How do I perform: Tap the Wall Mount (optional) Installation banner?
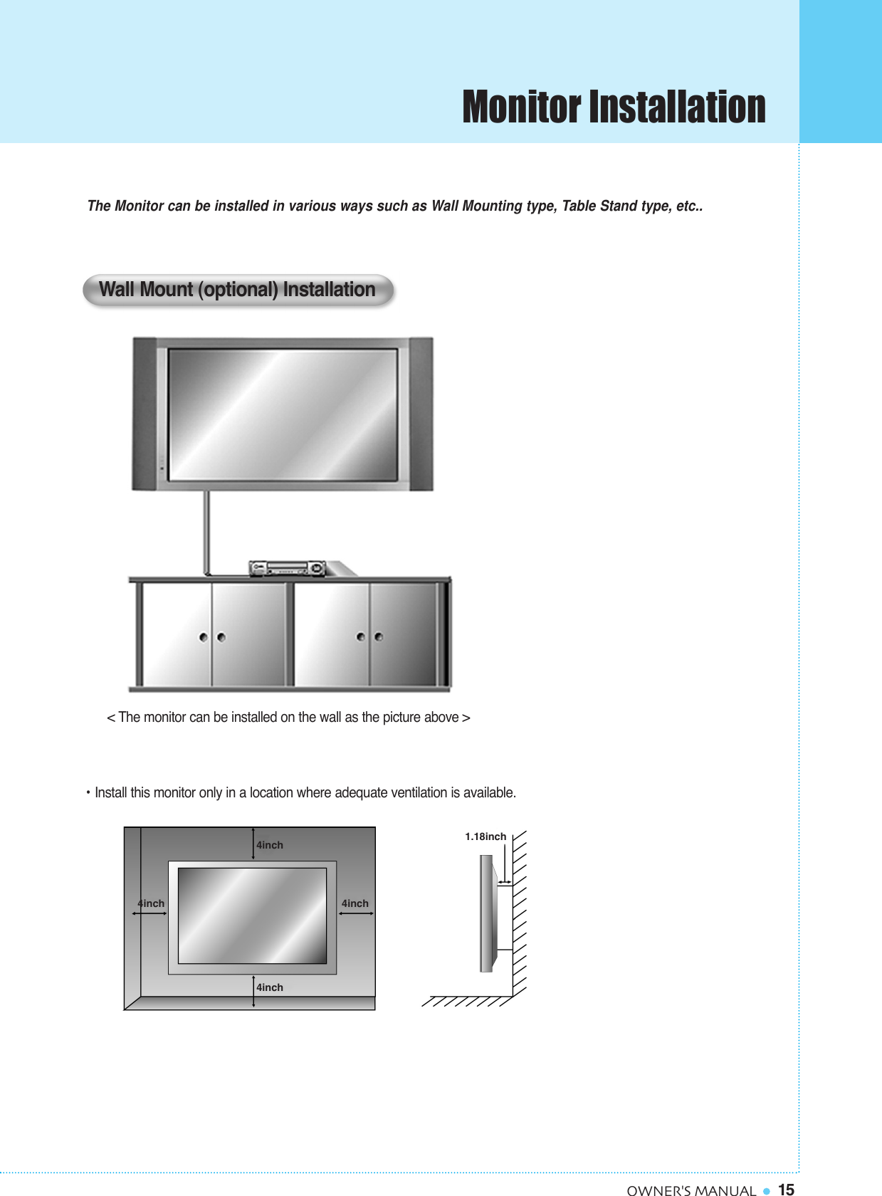pos(238,290)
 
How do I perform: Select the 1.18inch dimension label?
pos(485,836)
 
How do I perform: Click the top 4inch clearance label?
pos(270,845)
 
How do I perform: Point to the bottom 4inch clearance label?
pos(270,987)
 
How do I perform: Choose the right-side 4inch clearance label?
pos(355,903)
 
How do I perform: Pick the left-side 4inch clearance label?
pos(151,903)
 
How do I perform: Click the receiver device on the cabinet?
pos(287,568)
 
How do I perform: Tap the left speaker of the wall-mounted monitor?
pos(145,413)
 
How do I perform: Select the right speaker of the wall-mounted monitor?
pos(421,413)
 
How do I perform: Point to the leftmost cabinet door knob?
pos(204,637)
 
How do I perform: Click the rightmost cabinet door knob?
pos(379,637)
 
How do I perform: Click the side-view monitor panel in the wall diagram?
pos(486,913)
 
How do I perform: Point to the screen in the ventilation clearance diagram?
pos(252,916)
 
